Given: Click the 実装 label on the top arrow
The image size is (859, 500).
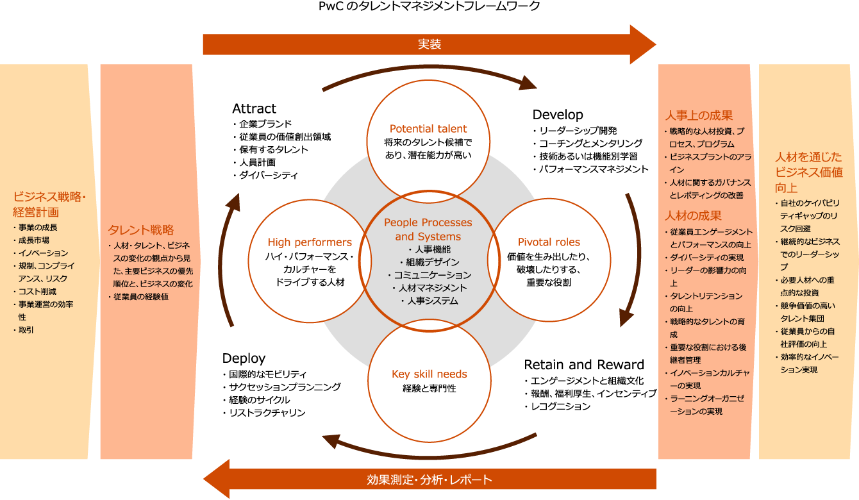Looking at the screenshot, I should pyautogui.click(x=429, y=44).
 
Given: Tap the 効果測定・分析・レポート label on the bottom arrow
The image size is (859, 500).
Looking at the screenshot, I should pyautogui.click(x=429, y=479).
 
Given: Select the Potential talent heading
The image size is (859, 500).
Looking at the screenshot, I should pyautogui.click(x=428, y=129).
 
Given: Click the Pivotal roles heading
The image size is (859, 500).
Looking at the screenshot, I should pyautogui.click(x=548, y=242).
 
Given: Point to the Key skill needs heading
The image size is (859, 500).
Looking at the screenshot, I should pyautogui.click(x=429, y=374).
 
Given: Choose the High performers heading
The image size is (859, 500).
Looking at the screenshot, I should pyautogui.click(x=310, y=242).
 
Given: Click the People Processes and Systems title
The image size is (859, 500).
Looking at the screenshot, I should pyautogui.click(x=428, y=229).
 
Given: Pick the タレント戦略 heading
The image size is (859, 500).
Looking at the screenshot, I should pyautogui.click(x=140, y=230).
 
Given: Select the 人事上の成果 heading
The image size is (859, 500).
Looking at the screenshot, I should pyautogui.click(x=699, y=115).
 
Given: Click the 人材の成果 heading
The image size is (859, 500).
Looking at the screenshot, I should pyautogui.click(x=693, y=215).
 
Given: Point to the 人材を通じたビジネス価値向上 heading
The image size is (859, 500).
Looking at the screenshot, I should pyautogui.click(x=808, y=172).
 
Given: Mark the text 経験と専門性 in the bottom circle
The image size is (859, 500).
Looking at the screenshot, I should pyautogui.click(x=429, y=388).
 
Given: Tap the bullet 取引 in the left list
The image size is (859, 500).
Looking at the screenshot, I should pyautogui.click(x=26, y=330).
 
